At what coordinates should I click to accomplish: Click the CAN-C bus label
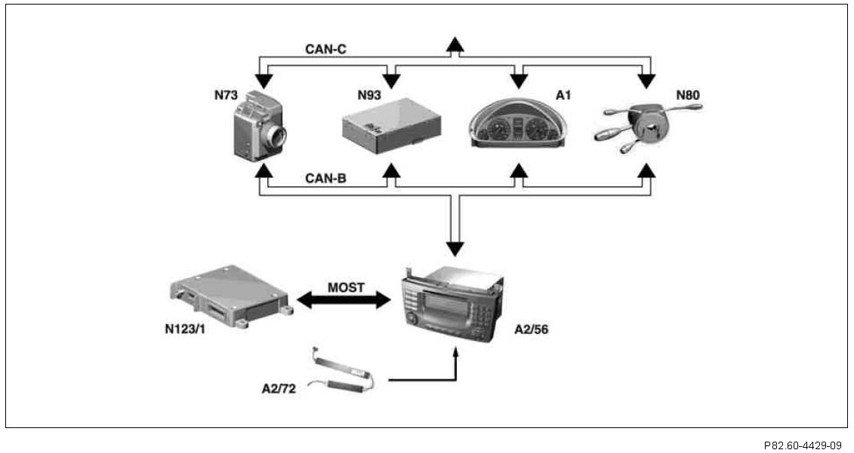click(325, 50)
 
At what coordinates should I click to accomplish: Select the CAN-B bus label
click(325, 178)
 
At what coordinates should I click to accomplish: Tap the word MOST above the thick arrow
click(346, 288)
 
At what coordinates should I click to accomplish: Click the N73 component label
click(226, 95)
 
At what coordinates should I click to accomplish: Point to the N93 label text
click(369, 95)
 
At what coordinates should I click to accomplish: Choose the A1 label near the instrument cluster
click(564, 95)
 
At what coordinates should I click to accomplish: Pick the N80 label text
click(688, 95)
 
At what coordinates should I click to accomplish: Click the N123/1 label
click(185, 329)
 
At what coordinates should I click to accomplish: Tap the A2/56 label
click(532, 329)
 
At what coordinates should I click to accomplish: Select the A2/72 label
click(279, 389)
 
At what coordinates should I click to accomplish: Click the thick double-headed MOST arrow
click(344, 300)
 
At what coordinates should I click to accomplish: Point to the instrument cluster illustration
click(518, 123)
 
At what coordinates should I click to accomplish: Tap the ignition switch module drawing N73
click(260, 125)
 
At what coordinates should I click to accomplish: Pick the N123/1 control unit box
click(232, 296)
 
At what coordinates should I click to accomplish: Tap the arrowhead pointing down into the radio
click(455, 248)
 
